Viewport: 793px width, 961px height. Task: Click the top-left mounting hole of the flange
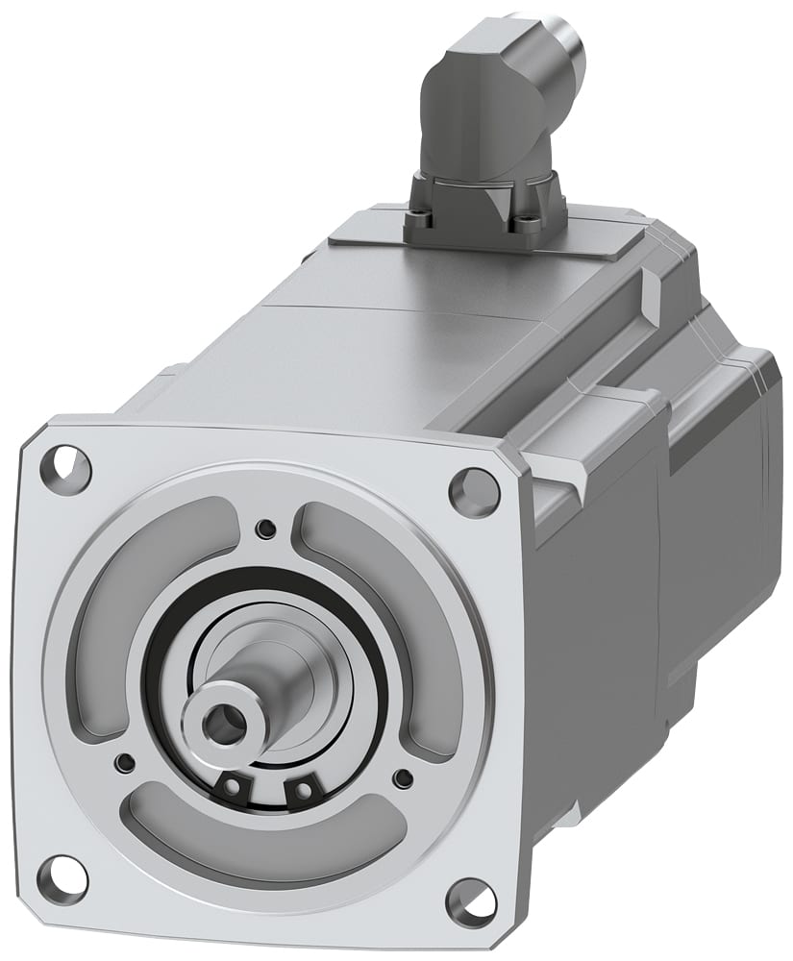pos(65,469)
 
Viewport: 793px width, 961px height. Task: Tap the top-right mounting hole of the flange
pos(474,491)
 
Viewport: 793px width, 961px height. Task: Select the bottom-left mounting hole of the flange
pos(62,875)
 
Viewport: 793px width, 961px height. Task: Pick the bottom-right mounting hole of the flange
pos(472,901)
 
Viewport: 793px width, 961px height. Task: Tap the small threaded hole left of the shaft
pos(123,762)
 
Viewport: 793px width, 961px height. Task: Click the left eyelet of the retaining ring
pos(232,787)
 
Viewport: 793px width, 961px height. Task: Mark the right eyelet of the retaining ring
pos(303,791)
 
